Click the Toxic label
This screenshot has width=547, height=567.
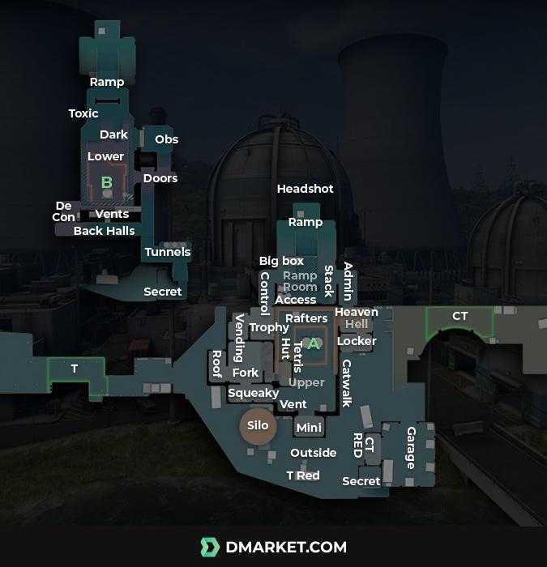coord(83,113)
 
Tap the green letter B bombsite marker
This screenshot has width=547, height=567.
coord(106,182)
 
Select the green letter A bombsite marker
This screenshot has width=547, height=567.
coord(314,343)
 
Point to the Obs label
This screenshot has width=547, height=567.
coord(166,139)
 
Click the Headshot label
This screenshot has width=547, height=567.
coord(306,189)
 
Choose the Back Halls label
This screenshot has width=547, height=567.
coord(105,231)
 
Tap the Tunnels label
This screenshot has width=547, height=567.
coord(168,252)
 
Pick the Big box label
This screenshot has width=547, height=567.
coord(281,261)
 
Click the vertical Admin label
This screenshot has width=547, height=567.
coord(348,281)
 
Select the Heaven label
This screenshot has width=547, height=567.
coord(357,312)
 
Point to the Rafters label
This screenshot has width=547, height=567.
coord(306,318)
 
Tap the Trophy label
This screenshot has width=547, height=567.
coord(269,327)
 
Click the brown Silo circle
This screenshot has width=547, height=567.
coord(258,426)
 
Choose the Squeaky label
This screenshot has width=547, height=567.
coord(254,393)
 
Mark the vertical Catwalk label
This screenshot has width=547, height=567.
coord(347,383)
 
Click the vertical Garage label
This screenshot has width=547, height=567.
coord(411,448)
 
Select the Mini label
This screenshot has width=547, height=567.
coord(309,428)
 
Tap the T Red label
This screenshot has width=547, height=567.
coord(303,475)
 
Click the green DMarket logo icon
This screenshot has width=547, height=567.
coord(210,548)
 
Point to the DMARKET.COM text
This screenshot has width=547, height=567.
coord(286,548)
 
